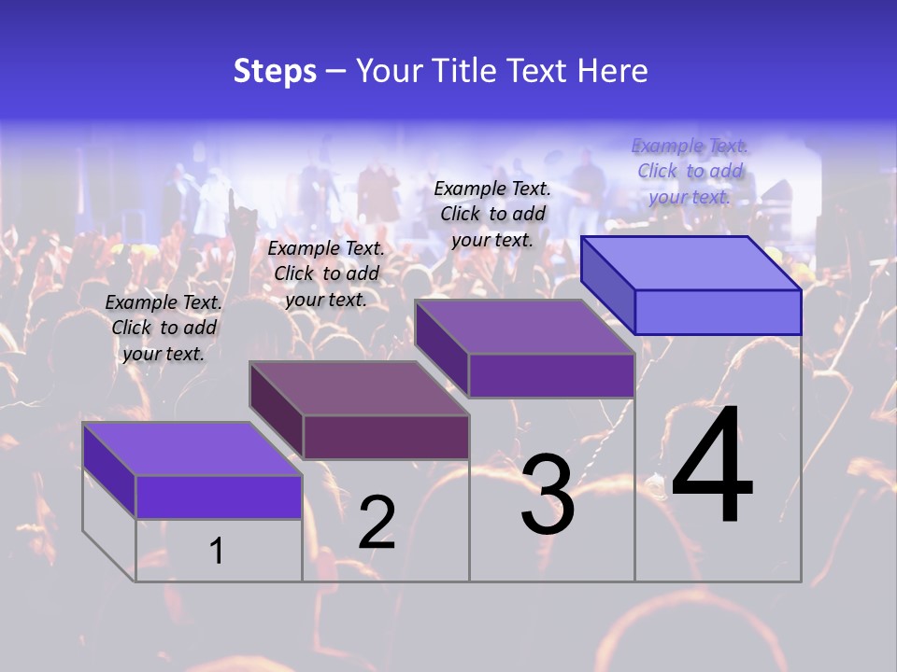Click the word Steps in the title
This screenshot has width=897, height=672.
point(275,71)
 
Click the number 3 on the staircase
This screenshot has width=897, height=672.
point(548,495)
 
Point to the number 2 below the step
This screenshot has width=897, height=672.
point(377,523)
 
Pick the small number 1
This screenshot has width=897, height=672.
point(217,552)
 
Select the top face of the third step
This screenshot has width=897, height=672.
point(525,327)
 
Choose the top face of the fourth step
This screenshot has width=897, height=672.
point(691,263)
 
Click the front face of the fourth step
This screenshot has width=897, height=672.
point(718,312)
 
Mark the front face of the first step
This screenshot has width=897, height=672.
point(219,497)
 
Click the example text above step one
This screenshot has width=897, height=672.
point(164,328)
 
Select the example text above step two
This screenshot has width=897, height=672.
point(326,273)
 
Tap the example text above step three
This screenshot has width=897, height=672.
point(492,214)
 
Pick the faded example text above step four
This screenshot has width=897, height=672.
point(690,171)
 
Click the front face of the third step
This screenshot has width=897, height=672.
point(551,375)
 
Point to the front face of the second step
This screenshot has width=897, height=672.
point(386,437)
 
